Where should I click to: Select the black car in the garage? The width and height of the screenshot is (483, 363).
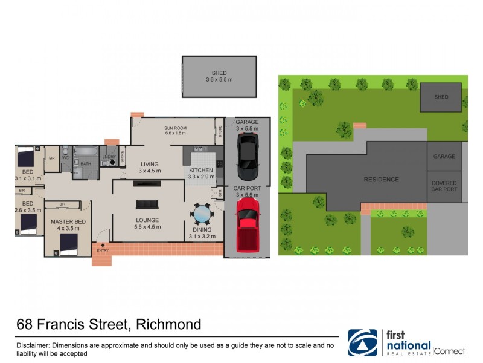(248, 156)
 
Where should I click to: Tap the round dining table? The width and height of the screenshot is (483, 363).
(202, 214)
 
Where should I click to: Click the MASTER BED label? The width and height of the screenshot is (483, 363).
(68, 222)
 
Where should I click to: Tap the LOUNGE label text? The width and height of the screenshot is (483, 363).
(147, 220)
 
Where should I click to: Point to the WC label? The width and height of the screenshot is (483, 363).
(66, 159)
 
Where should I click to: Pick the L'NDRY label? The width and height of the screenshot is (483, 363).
(109, 157)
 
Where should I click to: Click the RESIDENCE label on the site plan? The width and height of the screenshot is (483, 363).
(381, 180)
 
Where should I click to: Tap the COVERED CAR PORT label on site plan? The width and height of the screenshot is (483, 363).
(444, 186)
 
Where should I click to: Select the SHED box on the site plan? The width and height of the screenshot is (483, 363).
(441, 97)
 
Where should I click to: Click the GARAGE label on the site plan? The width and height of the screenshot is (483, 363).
(444, 156)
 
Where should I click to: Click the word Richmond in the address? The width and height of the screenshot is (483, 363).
(168, 325)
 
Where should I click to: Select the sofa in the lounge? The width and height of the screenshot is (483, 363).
(147, 204)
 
